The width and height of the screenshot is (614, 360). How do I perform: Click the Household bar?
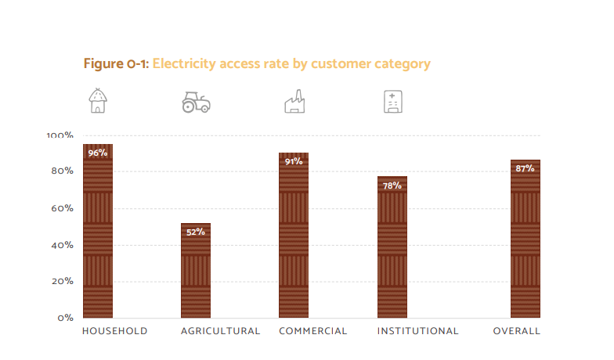point(98,235)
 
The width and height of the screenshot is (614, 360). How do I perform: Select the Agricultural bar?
point(196,274)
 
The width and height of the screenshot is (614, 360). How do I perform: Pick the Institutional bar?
point(392,250)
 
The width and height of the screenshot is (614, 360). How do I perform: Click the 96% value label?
point(98,153)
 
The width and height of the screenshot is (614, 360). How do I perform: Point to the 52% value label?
point(196,232)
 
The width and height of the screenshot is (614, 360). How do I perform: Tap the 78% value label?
point(392,185)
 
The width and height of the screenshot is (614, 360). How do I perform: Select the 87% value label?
point(526,168)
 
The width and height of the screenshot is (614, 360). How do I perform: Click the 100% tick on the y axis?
point(60,135)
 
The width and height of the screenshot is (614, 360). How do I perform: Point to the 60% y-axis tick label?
point(62,208)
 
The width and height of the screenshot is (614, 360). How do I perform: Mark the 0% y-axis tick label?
point(65,318)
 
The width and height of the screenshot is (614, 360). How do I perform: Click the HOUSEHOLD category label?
point(114,331)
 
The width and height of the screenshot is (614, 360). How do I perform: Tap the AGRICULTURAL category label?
point(220,331)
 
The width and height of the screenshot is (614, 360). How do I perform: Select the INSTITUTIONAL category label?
point(417,331)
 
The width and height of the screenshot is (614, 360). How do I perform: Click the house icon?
point(98,101)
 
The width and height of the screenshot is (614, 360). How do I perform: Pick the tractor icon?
point(196,103)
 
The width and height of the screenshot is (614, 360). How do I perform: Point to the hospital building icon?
point(392,102)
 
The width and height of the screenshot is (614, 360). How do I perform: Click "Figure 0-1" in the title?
point(115,63)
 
